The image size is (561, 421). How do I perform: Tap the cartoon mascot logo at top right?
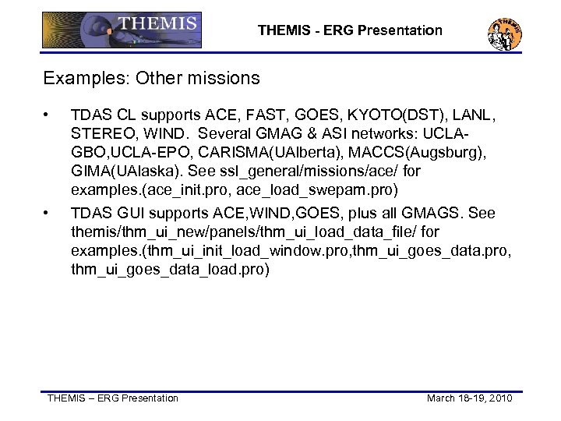504,32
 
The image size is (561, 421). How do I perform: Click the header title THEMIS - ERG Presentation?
350,31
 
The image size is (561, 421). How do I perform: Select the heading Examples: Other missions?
151,79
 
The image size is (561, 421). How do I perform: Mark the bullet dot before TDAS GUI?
48,214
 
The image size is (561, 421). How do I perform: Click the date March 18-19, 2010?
469,398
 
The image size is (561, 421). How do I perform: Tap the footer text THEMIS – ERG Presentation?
113,398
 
